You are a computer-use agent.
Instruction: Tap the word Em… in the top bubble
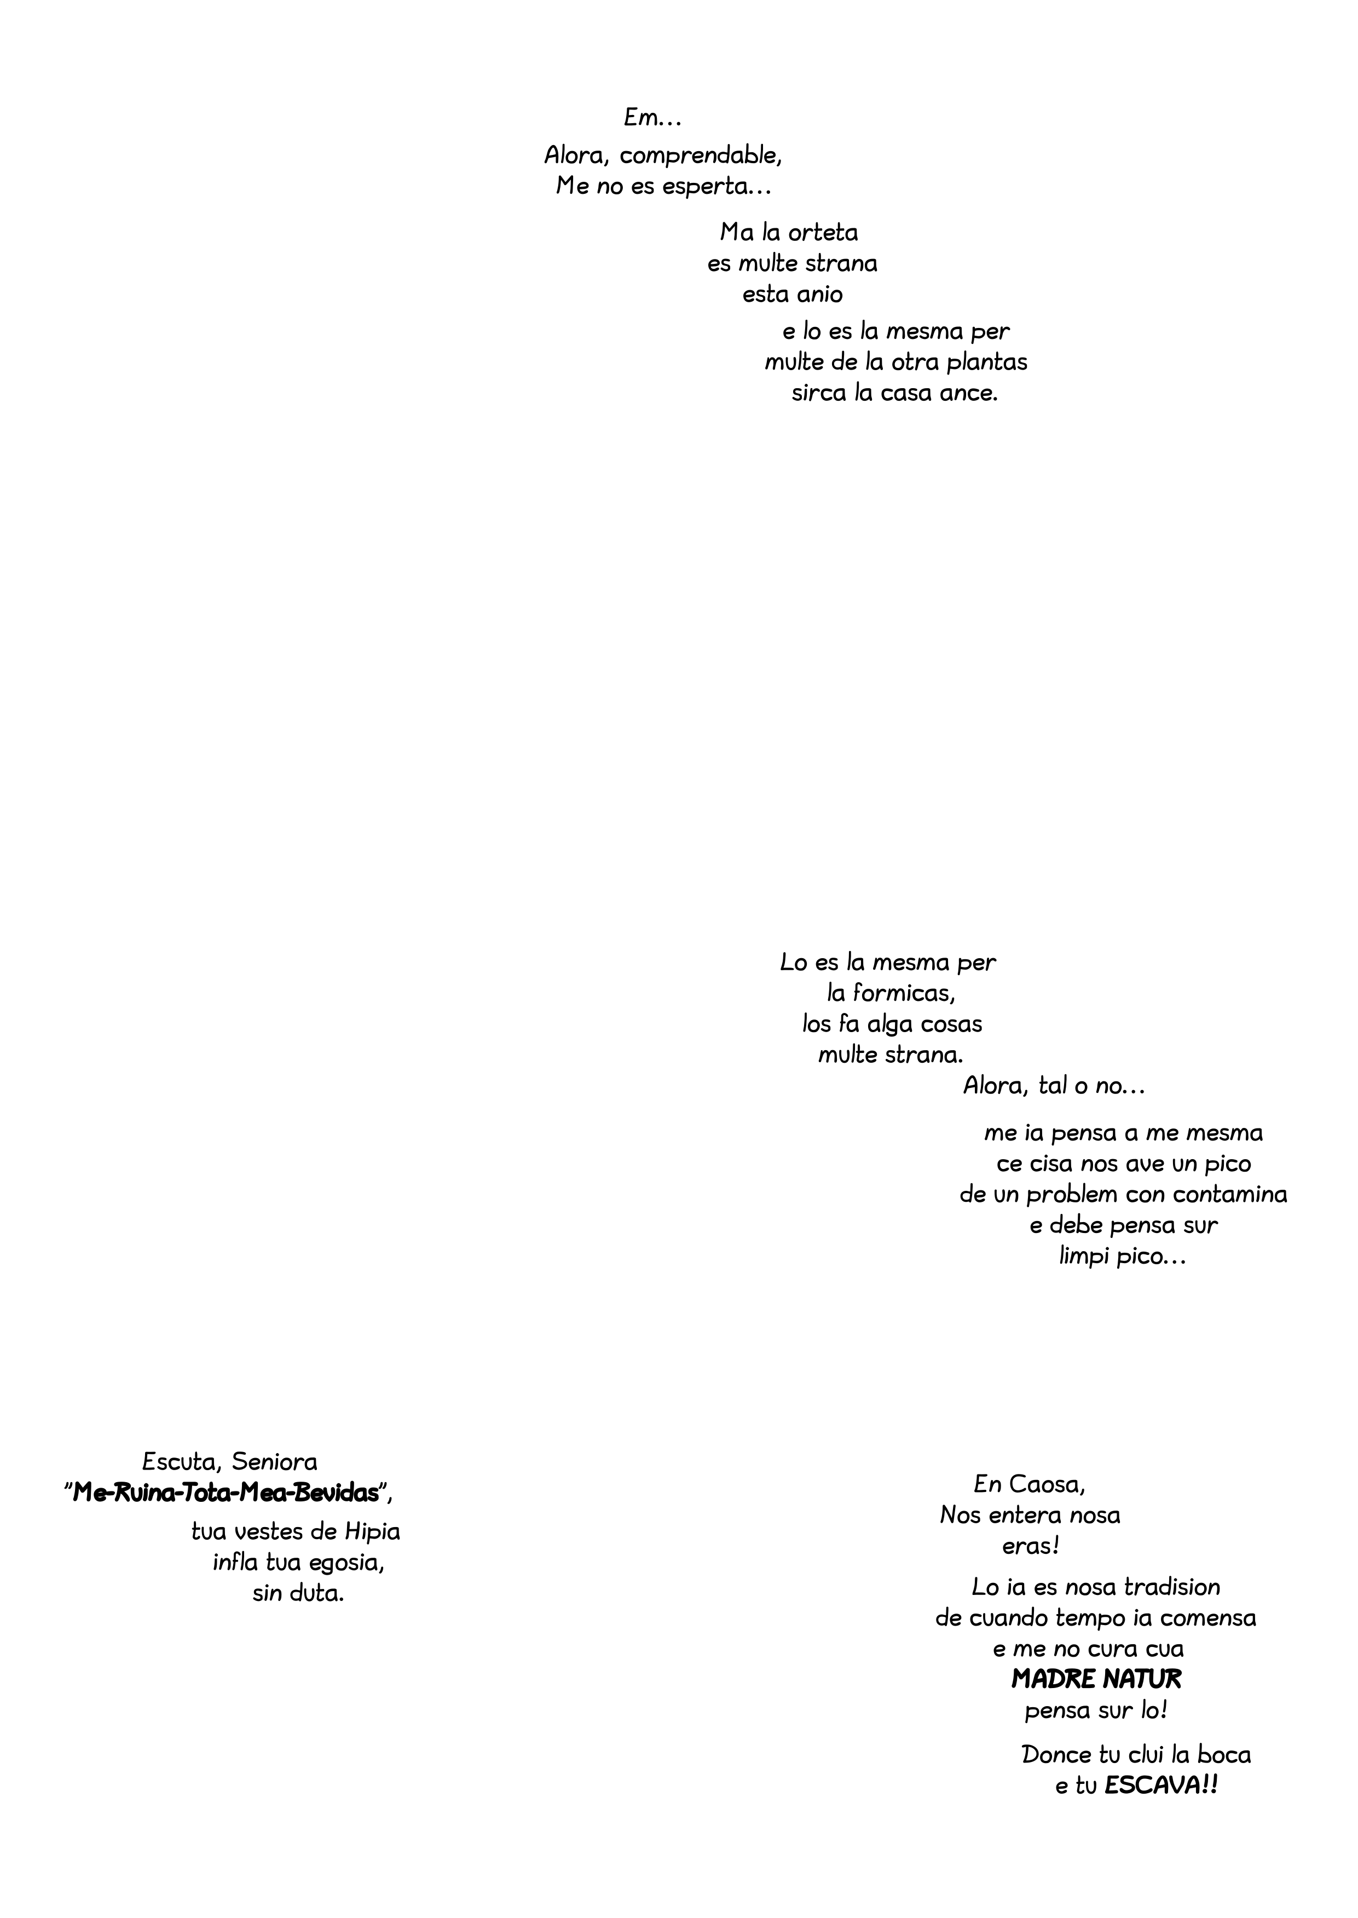click(x=653, y=119)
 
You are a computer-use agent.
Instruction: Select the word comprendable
click(x=700, y=155)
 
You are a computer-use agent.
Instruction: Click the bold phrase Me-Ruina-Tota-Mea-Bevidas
click(x=226, y=1493)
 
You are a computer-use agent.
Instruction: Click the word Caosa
click(x=1046, y=1484)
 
